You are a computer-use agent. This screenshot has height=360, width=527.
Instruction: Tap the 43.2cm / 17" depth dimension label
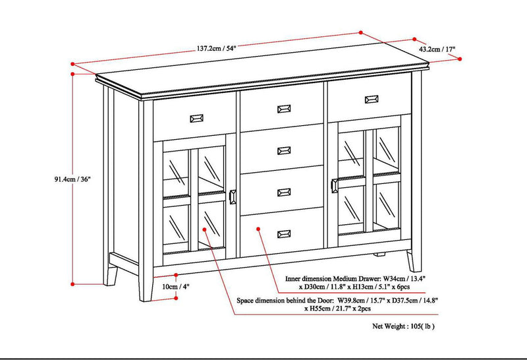point(437,49)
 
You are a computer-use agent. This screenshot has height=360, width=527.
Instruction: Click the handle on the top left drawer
point(197,118)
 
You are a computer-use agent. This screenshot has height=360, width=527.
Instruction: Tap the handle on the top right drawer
point(370,99)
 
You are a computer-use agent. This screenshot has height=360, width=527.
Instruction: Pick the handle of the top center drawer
point(285,109)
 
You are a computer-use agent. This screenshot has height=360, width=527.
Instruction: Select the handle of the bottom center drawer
point(285,233)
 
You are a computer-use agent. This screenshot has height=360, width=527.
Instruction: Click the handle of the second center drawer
point(285,150)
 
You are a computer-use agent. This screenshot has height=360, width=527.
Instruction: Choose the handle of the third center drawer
point(285,192)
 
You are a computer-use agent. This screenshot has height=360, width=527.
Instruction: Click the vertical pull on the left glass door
point(233,197)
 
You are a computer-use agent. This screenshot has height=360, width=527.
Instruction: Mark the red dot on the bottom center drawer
point(258,229)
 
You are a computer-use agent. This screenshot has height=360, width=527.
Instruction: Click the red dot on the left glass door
point(206,230)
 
